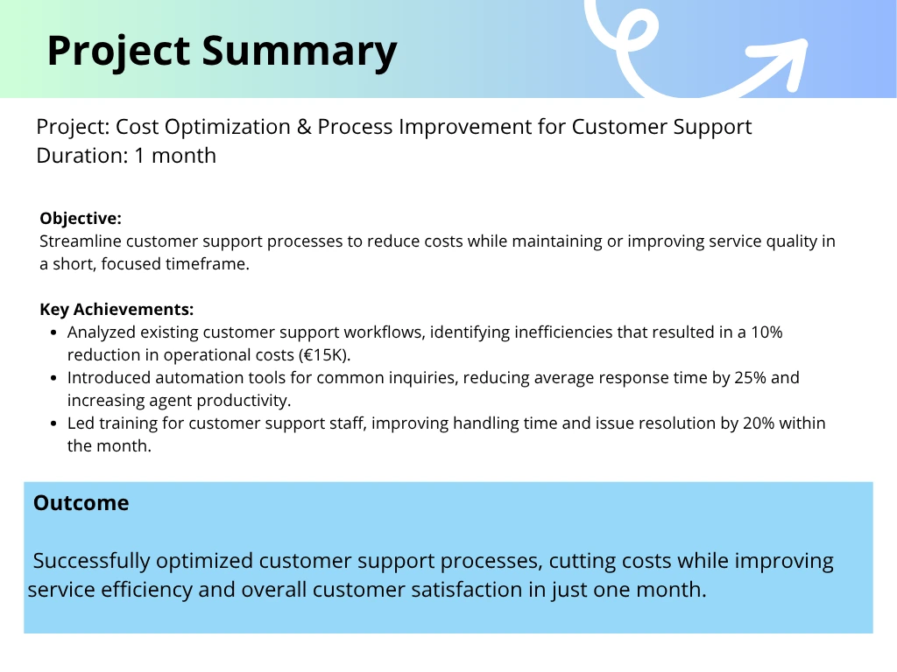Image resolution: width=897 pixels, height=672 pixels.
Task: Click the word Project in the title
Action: (118, 52)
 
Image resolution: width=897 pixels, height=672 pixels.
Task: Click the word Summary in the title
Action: (300, 52)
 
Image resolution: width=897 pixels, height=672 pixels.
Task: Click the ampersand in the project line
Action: (304, 127)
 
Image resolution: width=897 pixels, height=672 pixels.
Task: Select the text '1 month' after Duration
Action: (175, 156)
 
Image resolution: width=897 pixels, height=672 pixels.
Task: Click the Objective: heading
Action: (81, 218)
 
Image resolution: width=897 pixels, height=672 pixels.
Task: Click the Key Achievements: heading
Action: (117, 309)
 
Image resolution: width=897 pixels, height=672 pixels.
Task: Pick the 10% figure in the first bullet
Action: (766, 332)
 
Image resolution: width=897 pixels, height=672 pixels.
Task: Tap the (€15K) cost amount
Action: (324, 355)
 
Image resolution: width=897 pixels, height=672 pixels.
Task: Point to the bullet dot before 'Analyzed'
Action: (53, 332)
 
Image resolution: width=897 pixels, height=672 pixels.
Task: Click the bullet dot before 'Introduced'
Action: (53, 378)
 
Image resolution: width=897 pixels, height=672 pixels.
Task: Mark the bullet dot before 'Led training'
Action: (53, 423)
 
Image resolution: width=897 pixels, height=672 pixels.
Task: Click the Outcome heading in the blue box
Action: (81, 503)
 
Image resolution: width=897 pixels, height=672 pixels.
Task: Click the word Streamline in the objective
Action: (80, 241)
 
